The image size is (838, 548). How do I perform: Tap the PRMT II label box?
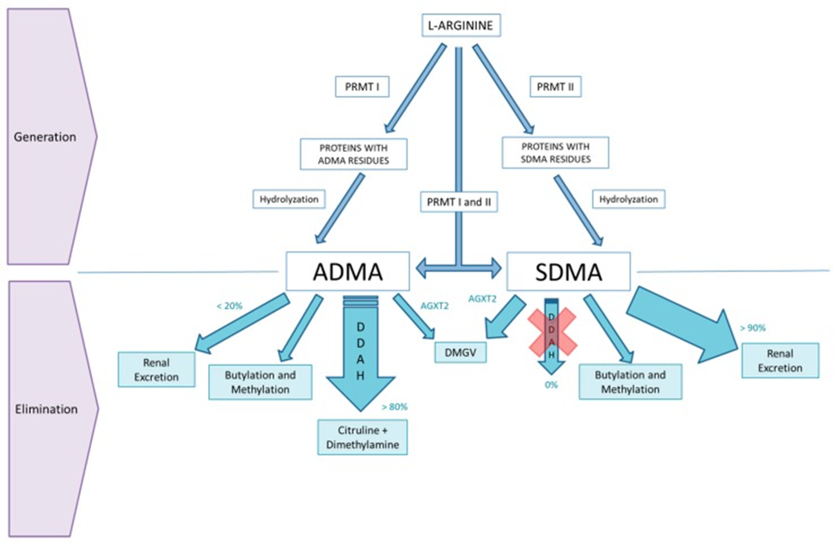tap(555, 87)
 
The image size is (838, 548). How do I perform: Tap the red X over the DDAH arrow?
tap(552, 330)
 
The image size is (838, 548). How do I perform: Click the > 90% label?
tap(753, 327)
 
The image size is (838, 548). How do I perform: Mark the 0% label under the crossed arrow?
tap(551, 385)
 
